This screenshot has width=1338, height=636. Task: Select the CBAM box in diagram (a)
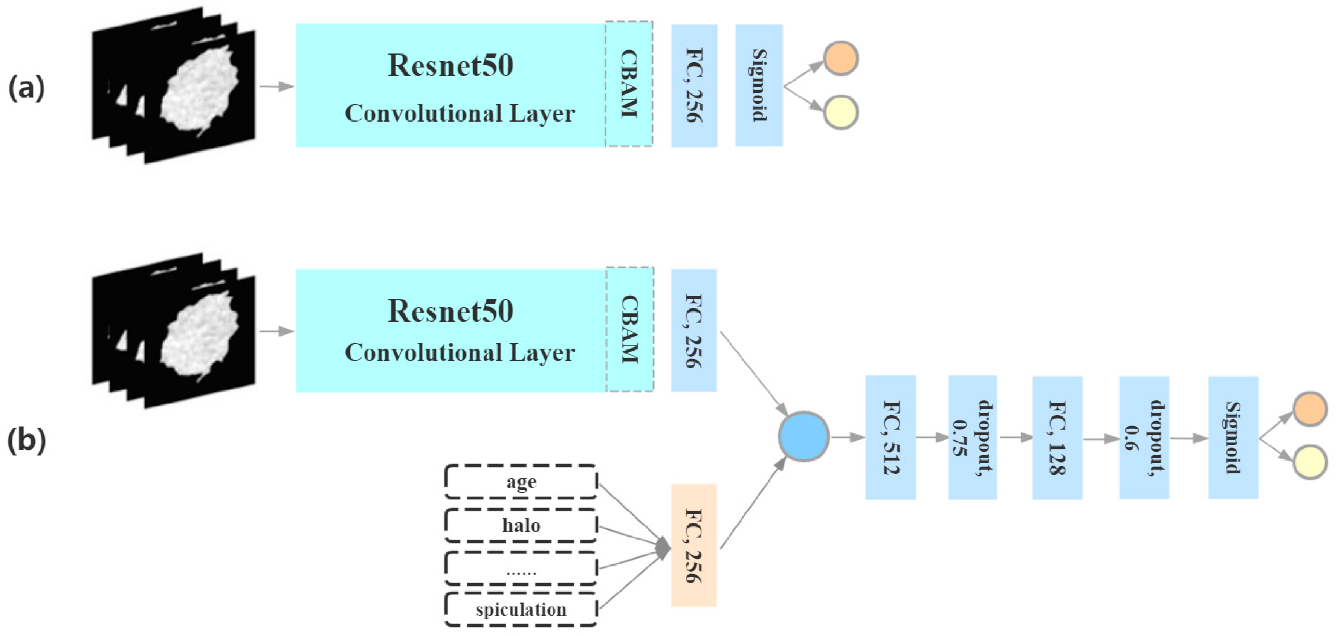click(629, 84)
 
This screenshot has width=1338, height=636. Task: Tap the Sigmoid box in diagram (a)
click(759, 85)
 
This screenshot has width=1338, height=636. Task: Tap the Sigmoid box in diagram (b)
click(1233, 438)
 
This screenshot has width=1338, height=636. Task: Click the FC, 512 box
click(890, 438)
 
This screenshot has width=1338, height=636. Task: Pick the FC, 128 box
click(1057, 438)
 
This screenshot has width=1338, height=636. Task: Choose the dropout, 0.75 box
click(972, 438)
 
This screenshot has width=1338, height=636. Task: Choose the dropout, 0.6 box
click(1144, 438)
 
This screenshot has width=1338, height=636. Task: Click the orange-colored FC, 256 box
click(694, 545)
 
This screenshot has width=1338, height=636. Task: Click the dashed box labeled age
click(521, 482)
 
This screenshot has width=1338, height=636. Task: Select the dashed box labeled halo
click(521, 525)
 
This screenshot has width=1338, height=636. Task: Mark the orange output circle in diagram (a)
click(840, 58)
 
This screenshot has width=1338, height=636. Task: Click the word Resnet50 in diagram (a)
click(450, 66)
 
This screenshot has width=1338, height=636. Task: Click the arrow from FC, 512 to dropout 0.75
click(932, 437)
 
